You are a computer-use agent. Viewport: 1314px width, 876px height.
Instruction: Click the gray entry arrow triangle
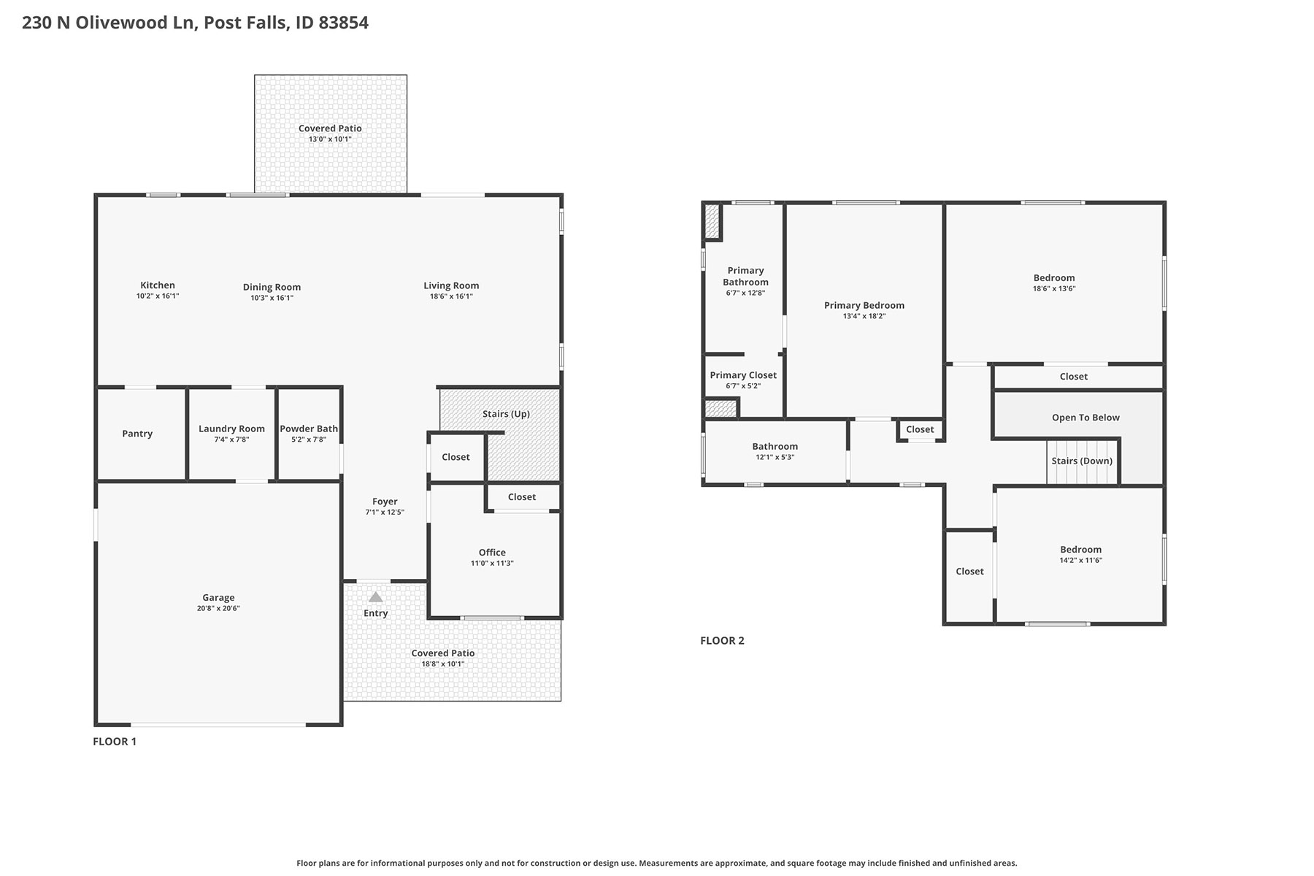[x=375, y=596]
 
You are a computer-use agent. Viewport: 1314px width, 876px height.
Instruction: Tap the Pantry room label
[x=137, y=434]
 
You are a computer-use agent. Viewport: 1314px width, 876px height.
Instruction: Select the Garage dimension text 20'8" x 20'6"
[x=218, y=608]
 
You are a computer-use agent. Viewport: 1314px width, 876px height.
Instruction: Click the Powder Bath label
[x=309, y=429]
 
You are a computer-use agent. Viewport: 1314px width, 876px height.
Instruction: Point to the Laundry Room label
[x=231, y=429]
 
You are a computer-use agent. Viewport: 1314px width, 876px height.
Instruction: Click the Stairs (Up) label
[x=506, y=414]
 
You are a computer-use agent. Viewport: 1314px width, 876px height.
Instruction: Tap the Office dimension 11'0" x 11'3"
[x=492, y=563]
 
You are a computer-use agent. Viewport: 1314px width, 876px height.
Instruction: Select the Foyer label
[x=385, y=502]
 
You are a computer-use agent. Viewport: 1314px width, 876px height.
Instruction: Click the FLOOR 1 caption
[x=115, y=742]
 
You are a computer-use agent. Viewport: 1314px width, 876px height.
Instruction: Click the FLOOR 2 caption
[x=722, y=641]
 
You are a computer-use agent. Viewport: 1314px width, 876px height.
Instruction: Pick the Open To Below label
[x=1086, y=418]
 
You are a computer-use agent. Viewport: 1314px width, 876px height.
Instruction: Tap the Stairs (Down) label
[x=1082, y=461]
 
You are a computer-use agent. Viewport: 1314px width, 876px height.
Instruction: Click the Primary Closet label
[x=743, y=375]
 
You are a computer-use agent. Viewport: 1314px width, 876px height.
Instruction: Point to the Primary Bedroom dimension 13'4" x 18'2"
[x=864, y=316]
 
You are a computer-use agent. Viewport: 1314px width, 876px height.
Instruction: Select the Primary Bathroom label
[x=745, y=276]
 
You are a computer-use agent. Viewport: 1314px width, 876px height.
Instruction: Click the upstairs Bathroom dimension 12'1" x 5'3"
[x=775, y=457]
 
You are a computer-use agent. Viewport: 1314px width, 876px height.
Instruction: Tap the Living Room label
[x=451, y=285]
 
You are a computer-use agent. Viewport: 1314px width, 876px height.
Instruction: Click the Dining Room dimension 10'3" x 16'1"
[x=272, y=298]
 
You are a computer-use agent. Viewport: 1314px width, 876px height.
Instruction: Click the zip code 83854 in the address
[x=343, y=23]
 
